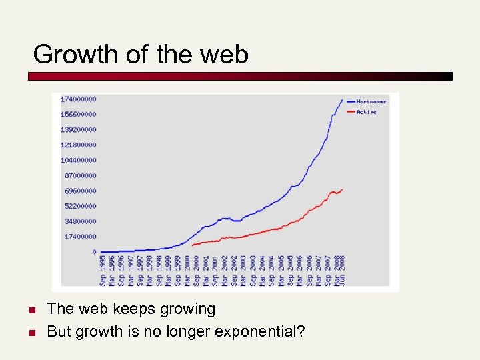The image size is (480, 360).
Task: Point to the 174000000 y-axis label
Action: coord(79,99)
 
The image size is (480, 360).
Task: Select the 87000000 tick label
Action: coord(80,175)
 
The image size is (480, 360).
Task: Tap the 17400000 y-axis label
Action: coord(80,237)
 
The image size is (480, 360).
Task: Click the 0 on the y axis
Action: coord(94,252)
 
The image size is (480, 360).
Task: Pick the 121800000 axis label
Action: coord(79,145)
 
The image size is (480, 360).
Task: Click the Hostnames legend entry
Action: coord(371,101)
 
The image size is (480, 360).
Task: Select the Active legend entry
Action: coord(366,112)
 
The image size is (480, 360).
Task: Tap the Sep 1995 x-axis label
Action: coord(103,270)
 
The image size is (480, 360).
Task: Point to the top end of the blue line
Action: coord(343,100)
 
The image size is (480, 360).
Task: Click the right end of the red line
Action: coord(343,189)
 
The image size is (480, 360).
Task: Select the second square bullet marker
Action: coord(31,332)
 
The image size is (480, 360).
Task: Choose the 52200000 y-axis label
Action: coord(80,206)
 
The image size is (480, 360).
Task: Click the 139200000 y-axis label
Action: coord(79,129)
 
